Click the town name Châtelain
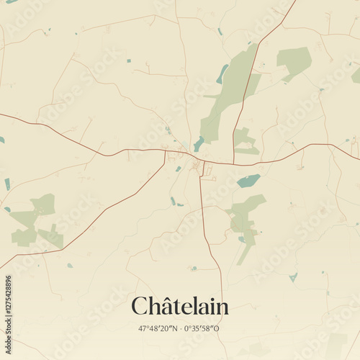point(179,306)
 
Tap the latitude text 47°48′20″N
point(158,328)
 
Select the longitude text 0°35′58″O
point(202,328)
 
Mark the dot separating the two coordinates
point(180,328)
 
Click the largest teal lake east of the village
point(248,181)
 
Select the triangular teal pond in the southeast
point(293,276)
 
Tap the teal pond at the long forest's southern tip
point(199,144)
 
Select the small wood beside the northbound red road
point(245,141)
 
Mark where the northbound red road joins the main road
point(233,163)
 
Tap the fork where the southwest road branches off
point(165,152)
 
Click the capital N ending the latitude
point(175,328)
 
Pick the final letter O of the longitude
point(217,328)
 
